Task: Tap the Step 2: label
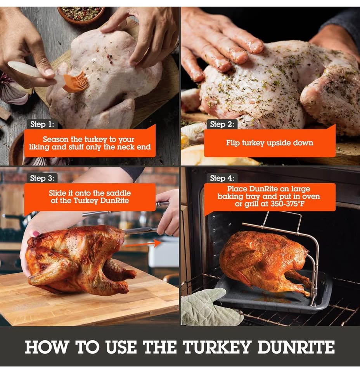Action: [222, 124]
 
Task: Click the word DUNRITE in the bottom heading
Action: [294, 347]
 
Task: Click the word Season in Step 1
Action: [55, 139]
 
